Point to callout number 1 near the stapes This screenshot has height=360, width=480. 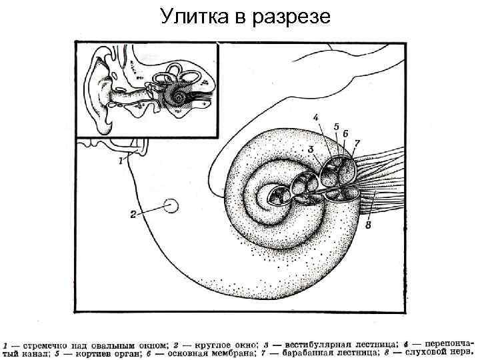coord(120,160)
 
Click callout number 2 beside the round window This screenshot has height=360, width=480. coord(133,215)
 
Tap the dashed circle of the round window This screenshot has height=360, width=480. coord(171,206)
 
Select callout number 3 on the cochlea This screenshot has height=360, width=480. coord(310,148)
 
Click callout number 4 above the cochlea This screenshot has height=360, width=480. coord(316,118)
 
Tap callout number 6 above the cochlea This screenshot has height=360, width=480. coord(346,133)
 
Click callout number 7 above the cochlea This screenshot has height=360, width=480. coord(357,143)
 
